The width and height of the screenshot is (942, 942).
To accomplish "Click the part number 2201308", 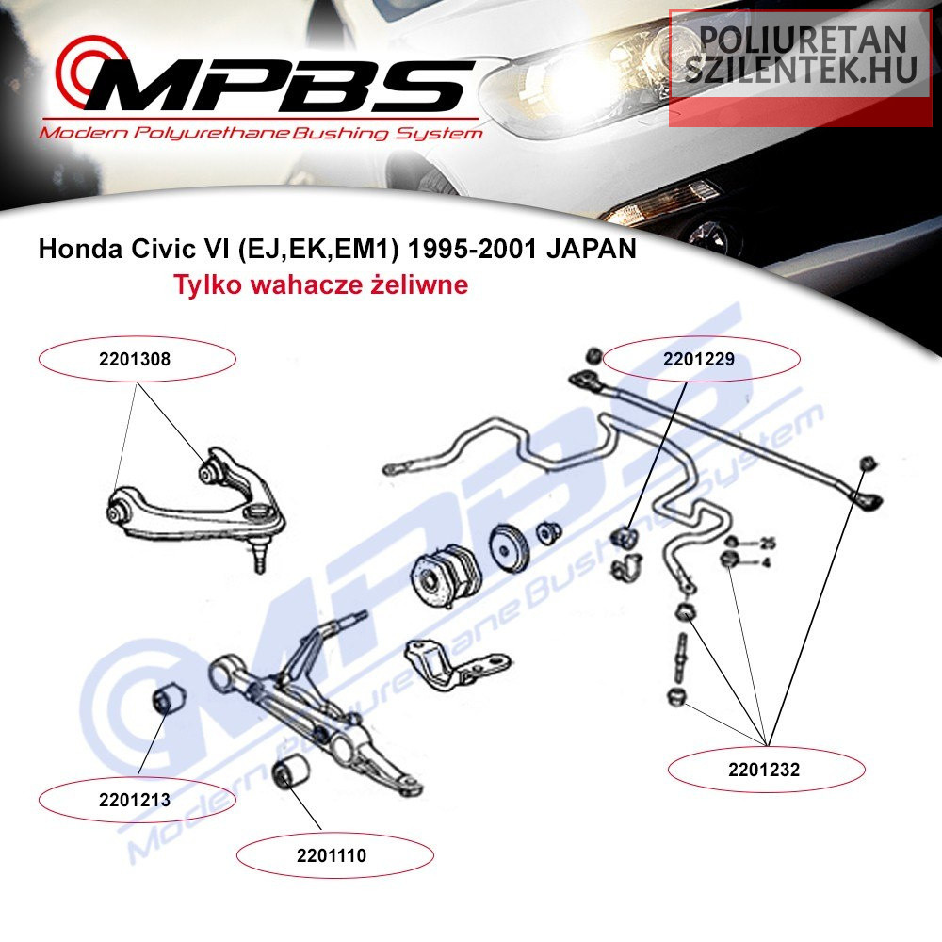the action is (x=135, y=359).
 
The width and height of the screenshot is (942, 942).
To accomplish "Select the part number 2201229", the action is (x=699, y=359).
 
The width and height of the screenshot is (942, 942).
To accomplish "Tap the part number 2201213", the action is (x=135, y=800).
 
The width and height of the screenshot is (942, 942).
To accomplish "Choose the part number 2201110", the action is (x=331, y=855).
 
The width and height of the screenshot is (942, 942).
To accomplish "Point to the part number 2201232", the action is (x=764, y=770).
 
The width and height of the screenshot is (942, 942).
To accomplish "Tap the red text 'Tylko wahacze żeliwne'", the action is (x=321, y=284).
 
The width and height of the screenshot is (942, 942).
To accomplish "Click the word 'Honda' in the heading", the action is (x=80, y=248).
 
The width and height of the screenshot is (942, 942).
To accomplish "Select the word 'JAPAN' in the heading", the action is (x=592, y=248).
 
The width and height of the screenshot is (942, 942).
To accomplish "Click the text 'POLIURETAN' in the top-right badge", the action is (x=803, y=39).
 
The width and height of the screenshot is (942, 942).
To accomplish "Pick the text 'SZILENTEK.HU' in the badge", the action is (x=801, y=69).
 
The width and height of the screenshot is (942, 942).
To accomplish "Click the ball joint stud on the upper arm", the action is (x=260, y=556).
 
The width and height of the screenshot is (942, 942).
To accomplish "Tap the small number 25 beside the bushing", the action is (x=767, y=544).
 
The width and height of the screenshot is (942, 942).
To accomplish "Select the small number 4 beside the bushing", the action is (x=765, y=563).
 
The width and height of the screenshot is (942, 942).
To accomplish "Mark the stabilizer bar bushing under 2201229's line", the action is (x=625, y=537).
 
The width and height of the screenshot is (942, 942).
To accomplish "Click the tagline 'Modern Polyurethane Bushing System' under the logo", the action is (x=261, y=133).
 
